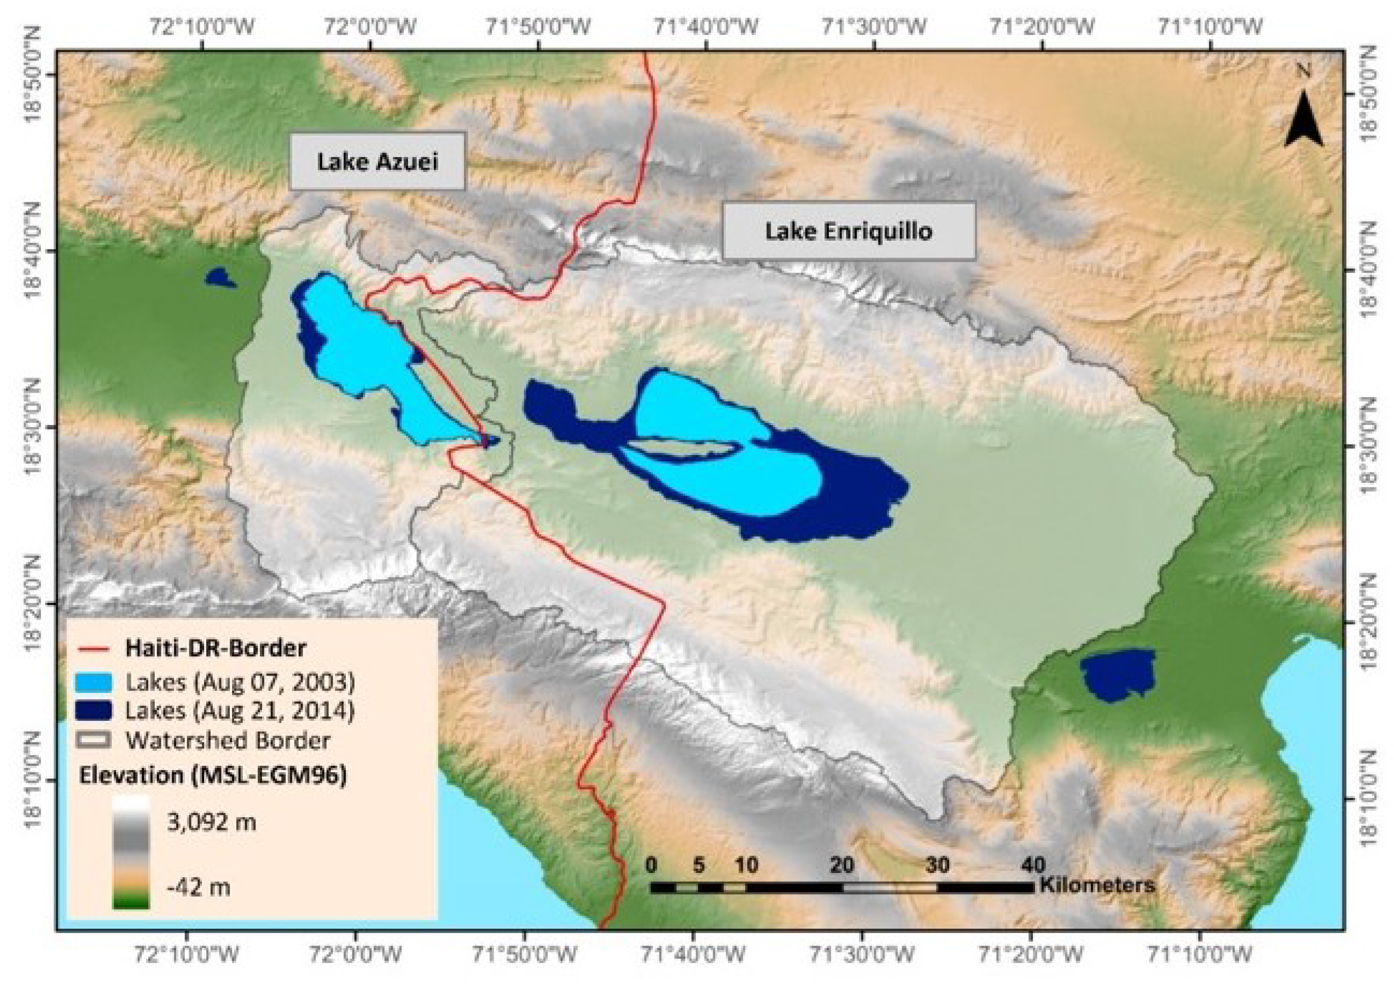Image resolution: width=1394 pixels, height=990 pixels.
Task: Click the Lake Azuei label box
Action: coord(377,162)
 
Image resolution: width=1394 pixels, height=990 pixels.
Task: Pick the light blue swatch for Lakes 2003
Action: coord(94,682)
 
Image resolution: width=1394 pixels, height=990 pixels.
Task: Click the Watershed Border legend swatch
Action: coord(94,740)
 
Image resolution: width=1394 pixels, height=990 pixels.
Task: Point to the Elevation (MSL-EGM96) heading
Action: coord(213,776)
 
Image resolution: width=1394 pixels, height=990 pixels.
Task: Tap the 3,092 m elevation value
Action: coord(211,823)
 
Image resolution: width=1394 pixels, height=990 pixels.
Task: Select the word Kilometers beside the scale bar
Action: coord(1096,884)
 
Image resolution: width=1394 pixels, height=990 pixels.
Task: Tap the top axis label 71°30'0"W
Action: coord(874,27)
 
